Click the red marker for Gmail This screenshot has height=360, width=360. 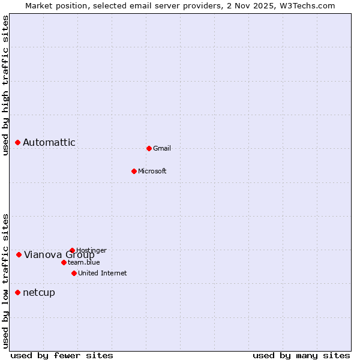pyautogui.click(x=149, y=148)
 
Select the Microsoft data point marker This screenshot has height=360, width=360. pyautogui.click(x=134, y=171)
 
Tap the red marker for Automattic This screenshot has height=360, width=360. pyautogui.click(x=18, y=142)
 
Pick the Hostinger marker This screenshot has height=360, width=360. pyautogui.click(x=72, y=250)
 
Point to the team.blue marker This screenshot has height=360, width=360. pyautogui.click(x=64, y=262)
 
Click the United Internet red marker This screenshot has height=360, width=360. pyautogui.click(x=74, y=273)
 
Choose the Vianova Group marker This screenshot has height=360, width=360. pyautogui.click(x=19, y=254)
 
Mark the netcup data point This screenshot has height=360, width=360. pyautogui.click(x=18, y=292)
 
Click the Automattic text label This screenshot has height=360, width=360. pyautogui.click(x=49, y=142)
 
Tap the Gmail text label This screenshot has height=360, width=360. pyautogui.click(x=162, y=148)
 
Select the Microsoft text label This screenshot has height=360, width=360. pyautogui.click(x=152, y=171)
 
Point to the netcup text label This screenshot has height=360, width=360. pyautogui.click(x=39, y=292)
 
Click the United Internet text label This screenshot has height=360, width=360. pyautogui.click(x=103, y=273)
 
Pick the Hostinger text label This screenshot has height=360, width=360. pyautogui.click(x=92, y=250)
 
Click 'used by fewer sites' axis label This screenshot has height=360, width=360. pyautogui.click(x=62, y=355)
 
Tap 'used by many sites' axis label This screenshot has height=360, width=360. pyautogui.click(x=301, y=355)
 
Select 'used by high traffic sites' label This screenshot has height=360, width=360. pyautogui.click(x=5, y=85)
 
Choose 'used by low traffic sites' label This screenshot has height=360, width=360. pyautogui.click(x=5, y=280)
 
